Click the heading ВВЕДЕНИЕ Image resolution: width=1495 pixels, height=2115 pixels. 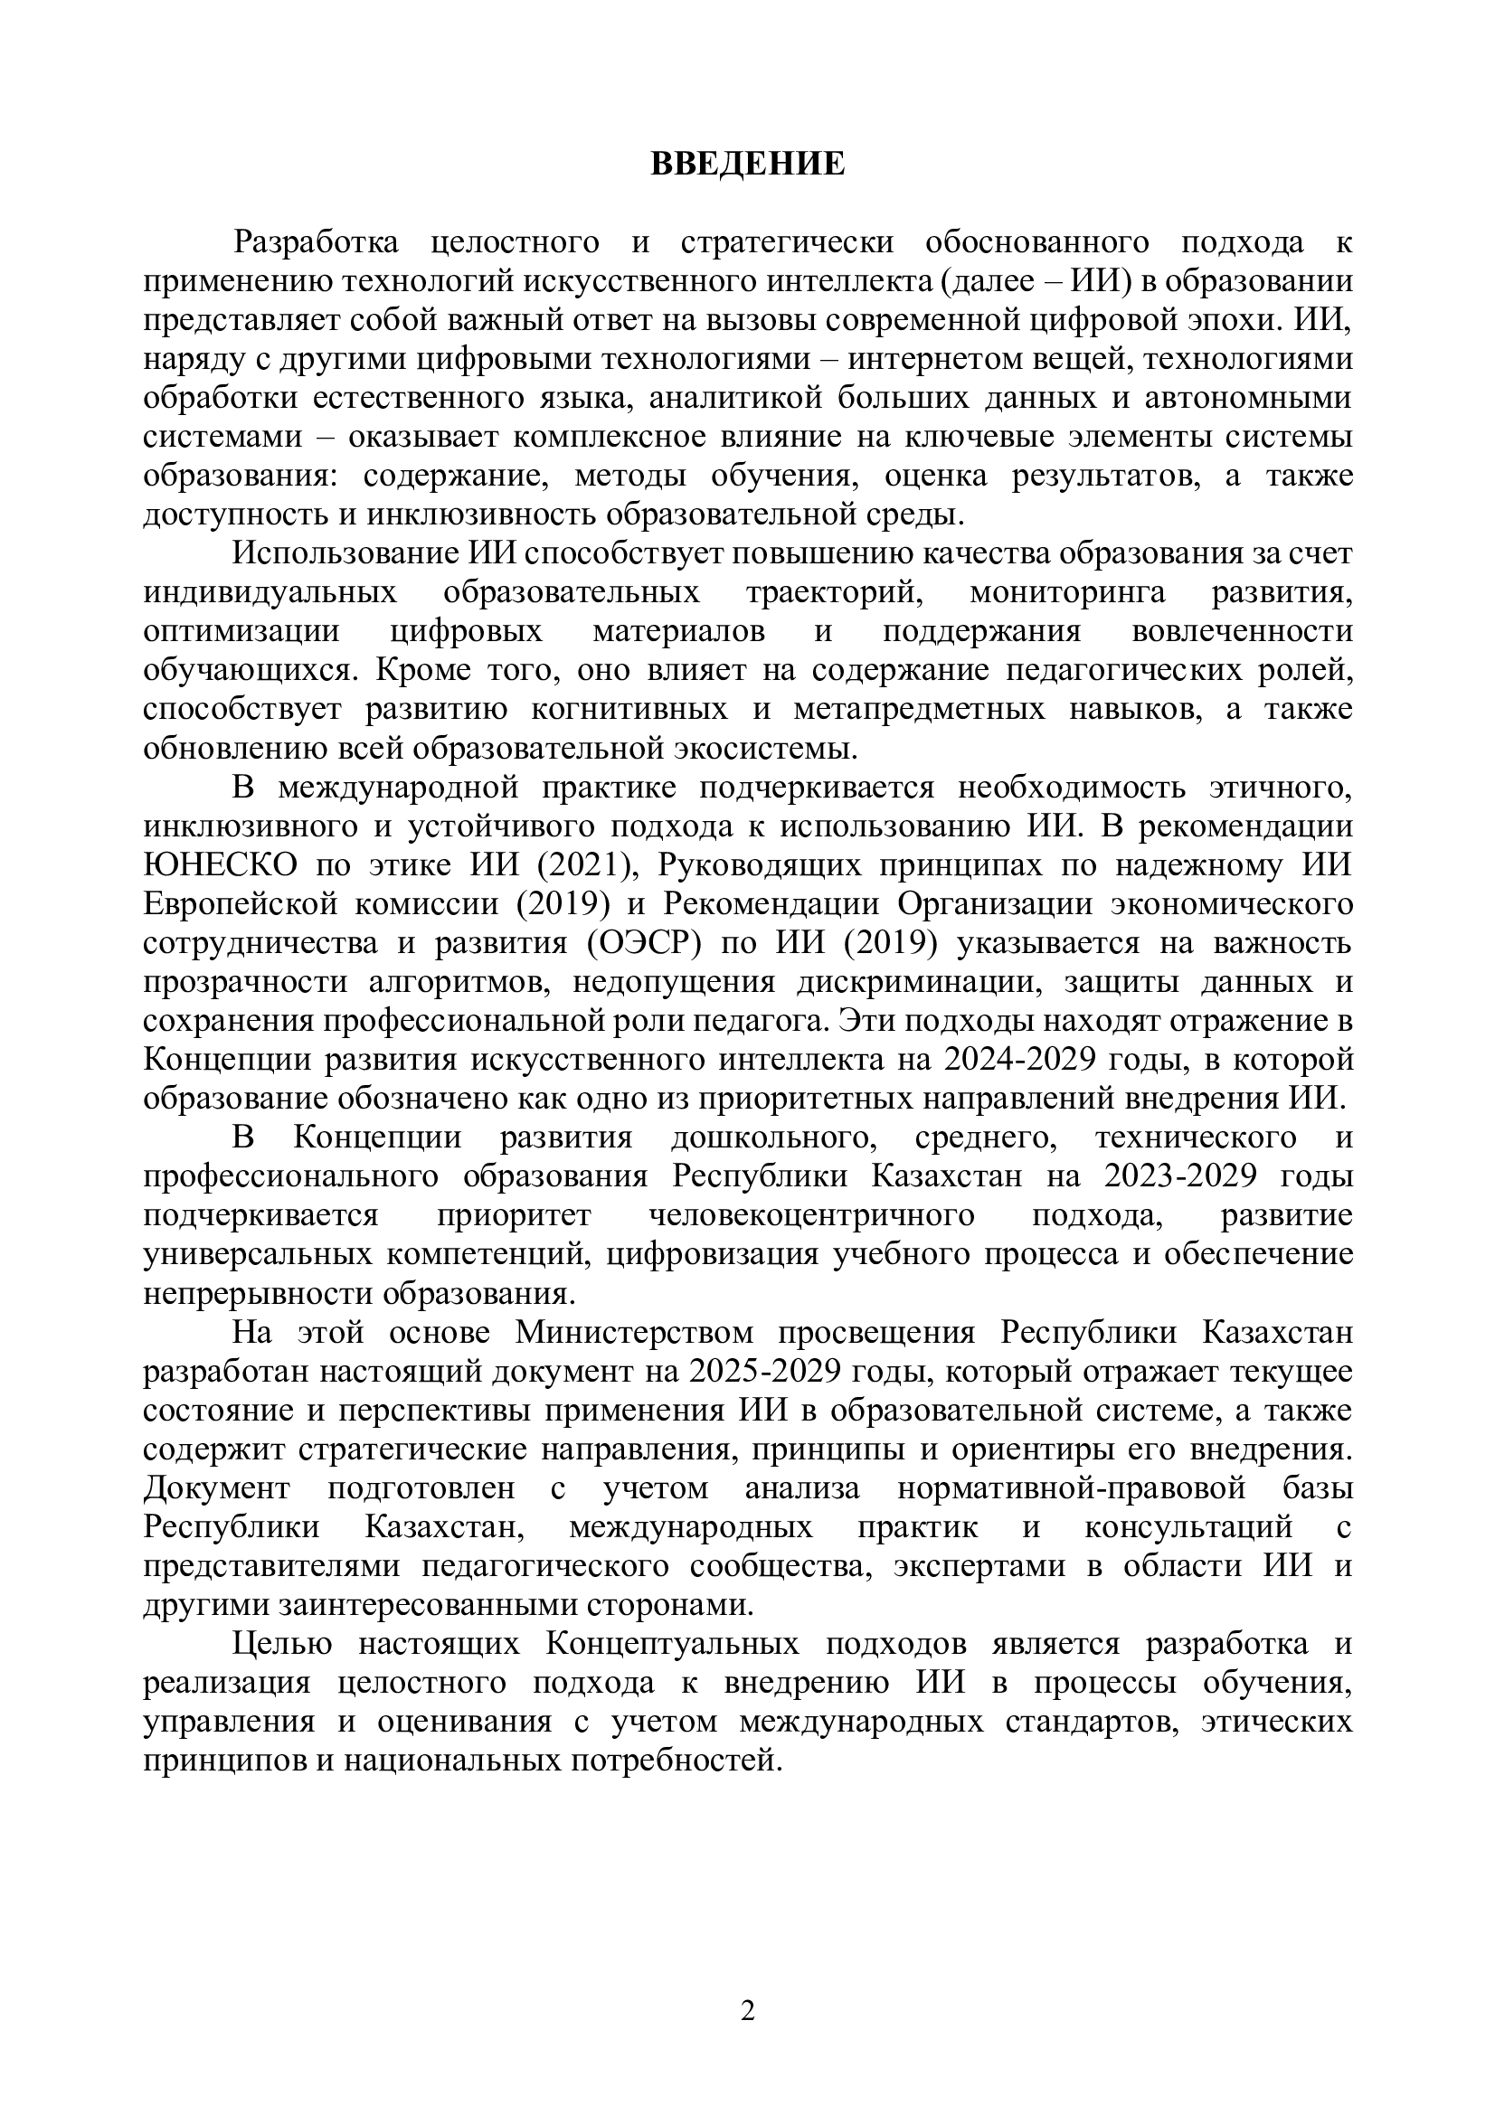(747, 163)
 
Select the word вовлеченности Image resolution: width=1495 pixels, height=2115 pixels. (1243, 631)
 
